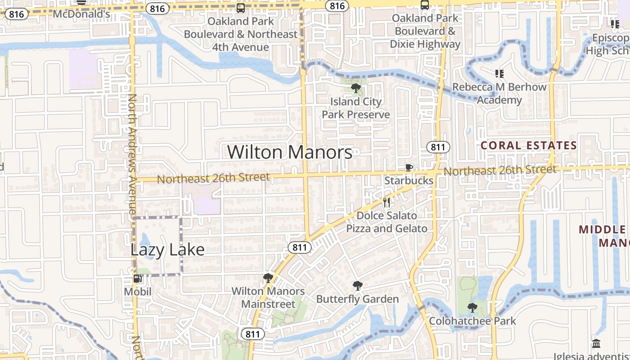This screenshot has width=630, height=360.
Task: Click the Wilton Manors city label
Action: pos(289,152)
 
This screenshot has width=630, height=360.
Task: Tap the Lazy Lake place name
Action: pos(167,250)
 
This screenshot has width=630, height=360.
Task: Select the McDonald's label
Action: pos(81,14)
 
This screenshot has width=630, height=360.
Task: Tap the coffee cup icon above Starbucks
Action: pos(409,168)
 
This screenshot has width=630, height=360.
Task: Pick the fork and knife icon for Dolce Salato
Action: pos(386,202)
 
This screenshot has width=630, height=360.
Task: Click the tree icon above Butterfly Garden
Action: pos(357,285)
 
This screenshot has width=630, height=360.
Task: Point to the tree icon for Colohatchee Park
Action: pos(472,308)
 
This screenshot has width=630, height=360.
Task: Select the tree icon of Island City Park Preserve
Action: pos(355,88)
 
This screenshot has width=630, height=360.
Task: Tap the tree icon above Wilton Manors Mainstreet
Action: pos(268,278)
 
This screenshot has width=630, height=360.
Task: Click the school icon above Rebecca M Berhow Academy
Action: pos(499,73)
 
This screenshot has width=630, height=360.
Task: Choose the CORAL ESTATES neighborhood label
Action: pos(528,145)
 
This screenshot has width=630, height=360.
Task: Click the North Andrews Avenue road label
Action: pos(132,153)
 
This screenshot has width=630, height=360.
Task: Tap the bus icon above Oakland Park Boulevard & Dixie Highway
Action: pos(424,5)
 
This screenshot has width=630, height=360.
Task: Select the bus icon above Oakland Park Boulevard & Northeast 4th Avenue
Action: pos(241,8)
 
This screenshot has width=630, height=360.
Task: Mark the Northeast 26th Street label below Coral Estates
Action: pos(499,171)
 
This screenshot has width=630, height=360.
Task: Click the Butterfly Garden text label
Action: pos(357,299)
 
